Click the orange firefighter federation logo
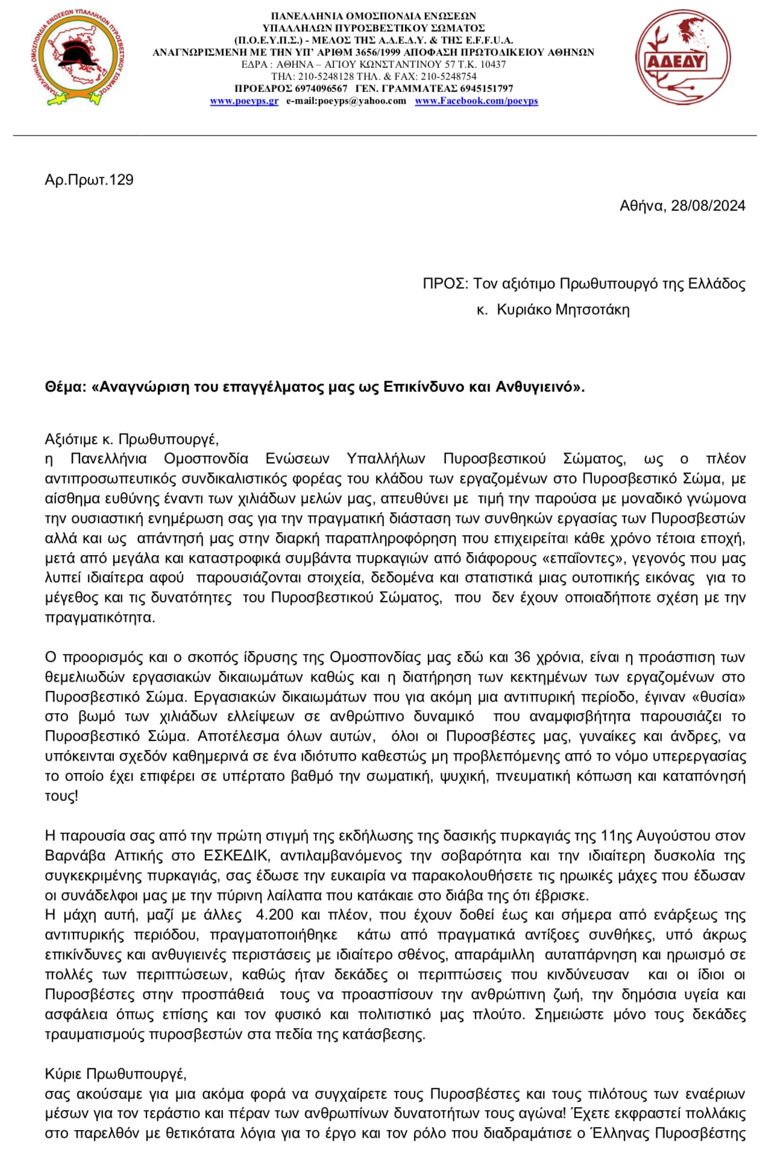coord(77,58)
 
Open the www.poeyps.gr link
coord(244,101)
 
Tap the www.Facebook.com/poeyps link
coord(476,101)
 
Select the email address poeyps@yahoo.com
coord(346,101)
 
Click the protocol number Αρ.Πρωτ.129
coord(89,180)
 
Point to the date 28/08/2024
coord(708,206)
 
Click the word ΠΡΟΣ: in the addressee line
coord(445,284)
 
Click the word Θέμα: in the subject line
coord(66,387)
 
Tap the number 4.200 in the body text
coord(274,915)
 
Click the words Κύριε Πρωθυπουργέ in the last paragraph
coord(115,1074)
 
